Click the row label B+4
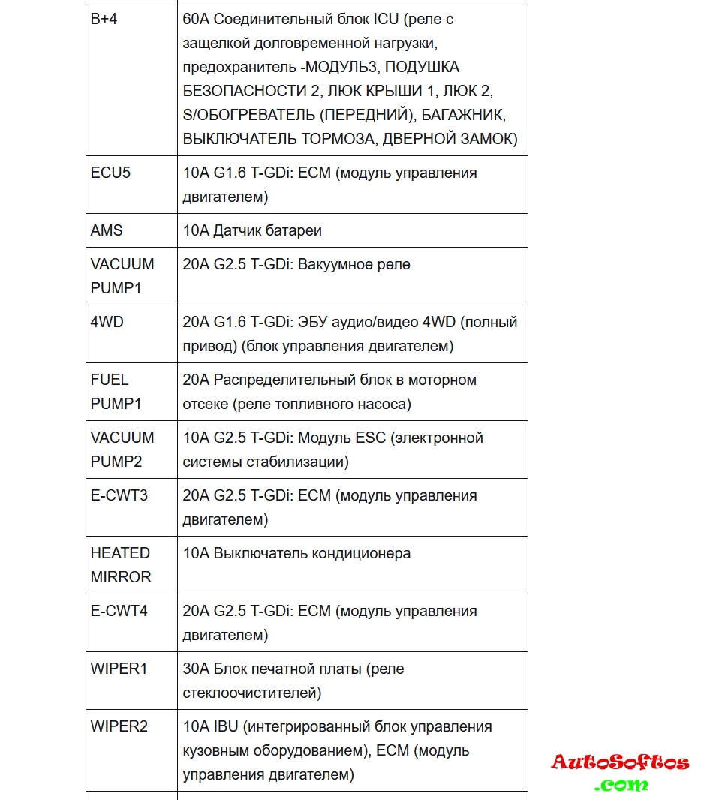(x=104, y=20)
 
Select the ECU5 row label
(x=110, y=173)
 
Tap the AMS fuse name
(x=107, y=230)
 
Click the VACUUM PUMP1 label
(x=122, y=276)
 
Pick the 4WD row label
(x=107, y=322)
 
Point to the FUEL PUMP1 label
(x=116, y=392)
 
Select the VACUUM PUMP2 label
(x=122, y=450)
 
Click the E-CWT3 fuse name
(x=119, y=495)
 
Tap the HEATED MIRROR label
(x=121, y=565)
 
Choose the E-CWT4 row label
(x=119, y=611)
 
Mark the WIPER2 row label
(x=119, y=726)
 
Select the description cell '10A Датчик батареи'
(x=252, y=230)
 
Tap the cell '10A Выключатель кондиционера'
(x=296, y=554)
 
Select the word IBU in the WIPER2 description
(x=227, y=726)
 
